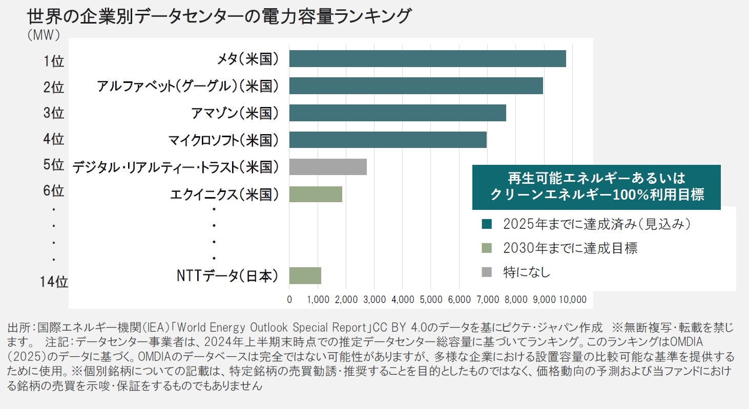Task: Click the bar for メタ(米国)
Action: coord(427,59)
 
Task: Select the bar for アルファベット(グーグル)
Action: coord(415,86)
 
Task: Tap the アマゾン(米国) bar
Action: coord(397,113)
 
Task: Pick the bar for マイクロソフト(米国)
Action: coord(387,140)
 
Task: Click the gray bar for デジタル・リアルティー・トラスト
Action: coord(328,167)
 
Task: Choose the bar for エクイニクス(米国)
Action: coord(316,194)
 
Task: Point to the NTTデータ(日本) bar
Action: coord(305,275)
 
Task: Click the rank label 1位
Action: coord(53,61)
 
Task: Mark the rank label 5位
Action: coord(53,165)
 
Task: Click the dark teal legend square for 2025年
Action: coord(487,224)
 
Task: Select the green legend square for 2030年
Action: coord(487,249)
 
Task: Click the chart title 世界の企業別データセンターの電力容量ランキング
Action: coord(219,16)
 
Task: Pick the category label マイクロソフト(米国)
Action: coord(223,140)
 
